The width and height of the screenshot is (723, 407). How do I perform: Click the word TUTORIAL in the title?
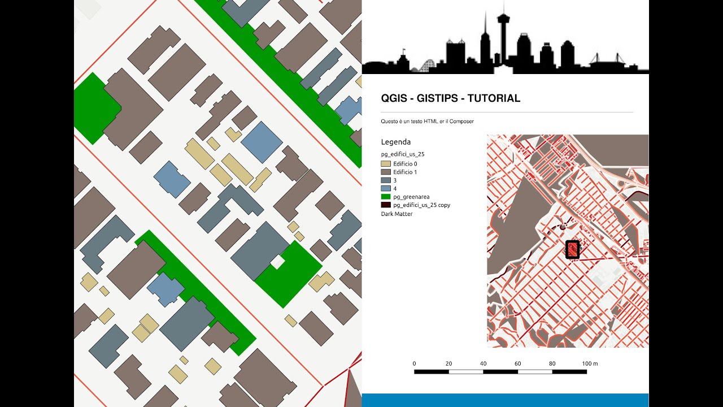click(494, 98)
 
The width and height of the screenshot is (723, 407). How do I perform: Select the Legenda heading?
click(396, 142)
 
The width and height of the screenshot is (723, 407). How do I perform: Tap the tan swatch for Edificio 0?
click(386, 164)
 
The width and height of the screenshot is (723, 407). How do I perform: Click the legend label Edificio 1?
click(405, 172)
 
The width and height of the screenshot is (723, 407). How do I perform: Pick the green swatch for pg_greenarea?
click(386, 197)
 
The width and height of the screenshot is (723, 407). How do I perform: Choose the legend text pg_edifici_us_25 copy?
click(421, 205)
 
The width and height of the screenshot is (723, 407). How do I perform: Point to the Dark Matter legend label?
click(397, 214)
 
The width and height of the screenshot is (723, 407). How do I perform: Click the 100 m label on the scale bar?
click(590, 363)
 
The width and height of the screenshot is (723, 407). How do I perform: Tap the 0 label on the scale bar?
click(415, 363)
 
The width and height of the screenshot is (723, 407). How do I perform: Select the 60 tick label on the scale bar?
click(518, 363)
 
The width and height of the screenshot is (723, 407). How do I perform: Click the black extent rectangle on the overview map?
click(573, 249)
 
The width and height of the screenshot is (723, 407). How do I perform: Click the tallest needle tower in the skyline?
click(485, 34)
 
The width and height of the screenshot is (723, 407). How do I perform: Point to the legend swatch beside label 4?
click(386, 188)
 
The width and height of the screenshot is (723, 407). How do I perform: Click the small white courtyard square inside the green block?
click(277, 262)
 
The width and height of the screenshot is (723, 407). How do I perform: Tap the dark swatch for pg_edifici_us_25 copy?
click(386, 205)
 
